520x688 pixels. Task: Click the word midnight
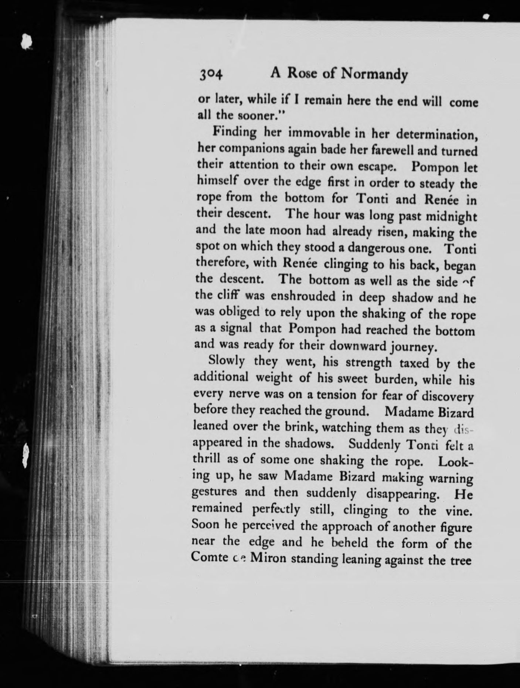451,216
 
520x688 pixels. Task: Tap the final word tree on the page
461,559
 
